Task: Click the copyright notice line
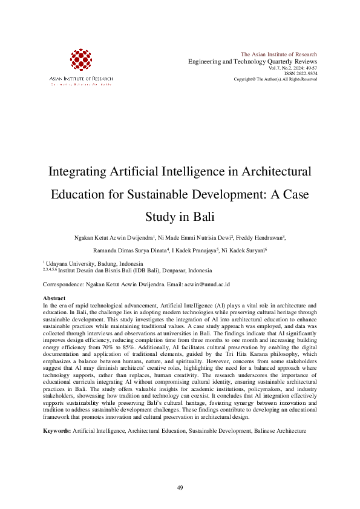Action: tap(275, 79)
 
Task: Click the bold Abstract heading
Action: tap(54, 299)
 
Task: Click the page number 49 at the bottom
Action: tap(180, 488)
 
